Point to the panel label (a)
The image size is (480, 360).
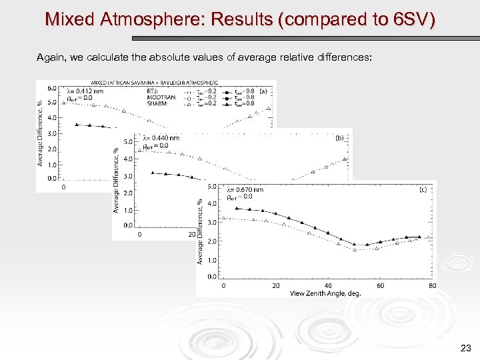[263, 91]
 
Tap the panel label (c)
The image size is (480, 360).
[423, 189]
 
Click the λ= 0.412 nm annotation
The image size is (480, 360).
[85, 91]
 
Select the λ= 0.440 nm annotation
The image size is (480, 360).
[160, 138]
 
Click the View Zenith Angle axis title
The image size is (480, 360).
[325, 293]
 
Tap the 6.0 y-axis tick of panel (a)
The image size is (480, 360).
[51, 88]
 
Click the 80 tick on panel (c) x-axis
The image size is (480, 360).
[433, 286]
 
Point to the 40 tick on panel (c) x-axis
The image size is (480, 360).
[328, 286]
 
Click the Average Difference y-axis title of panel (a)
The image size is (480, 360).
[41, 133]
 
